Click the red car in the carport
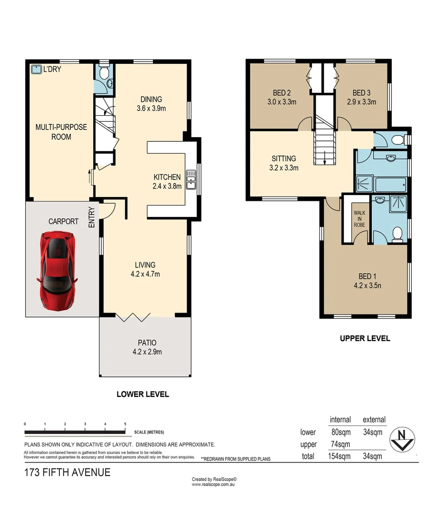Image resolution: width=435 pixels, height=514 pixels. (x=57, y=265)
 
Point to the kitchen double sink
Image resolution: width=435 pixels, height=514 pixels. (x=192, y=179)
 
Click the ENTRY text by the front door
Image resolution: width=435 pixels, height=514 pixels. (x=92, y=217)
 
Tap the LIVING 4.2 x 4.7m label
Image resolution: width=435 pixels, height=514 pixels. (x=145, y=269)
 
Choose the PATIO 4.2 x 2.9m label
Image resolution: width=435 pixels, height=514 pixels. (x=145, y=347)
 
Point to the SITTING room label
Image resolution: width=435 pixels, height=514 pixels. (x=284, y=163)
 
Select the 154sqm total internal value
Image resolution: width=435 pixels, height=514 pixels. (x=340, y=456)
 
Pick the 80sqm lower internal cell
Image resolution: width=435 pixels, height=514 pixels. (x=340, y=433)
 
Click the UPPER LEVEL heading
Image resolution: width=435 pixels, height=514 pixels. (x=365, y=338)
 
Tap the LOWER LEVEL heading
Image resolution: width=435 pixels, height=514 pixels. (x=143, y=394)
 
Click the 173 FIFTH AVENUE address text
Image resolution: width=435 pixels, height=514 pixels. (x=68, y=473)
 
